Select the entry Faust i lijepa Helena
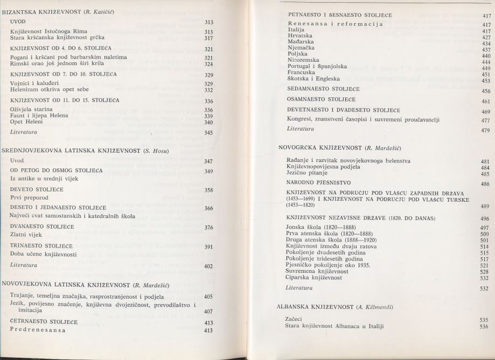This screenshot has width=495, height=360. click(37, 115)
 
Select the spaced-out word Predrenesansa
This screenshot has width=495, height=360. click(40, 330)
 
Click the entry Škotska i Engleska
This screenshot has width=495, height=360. click(314, 81)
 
